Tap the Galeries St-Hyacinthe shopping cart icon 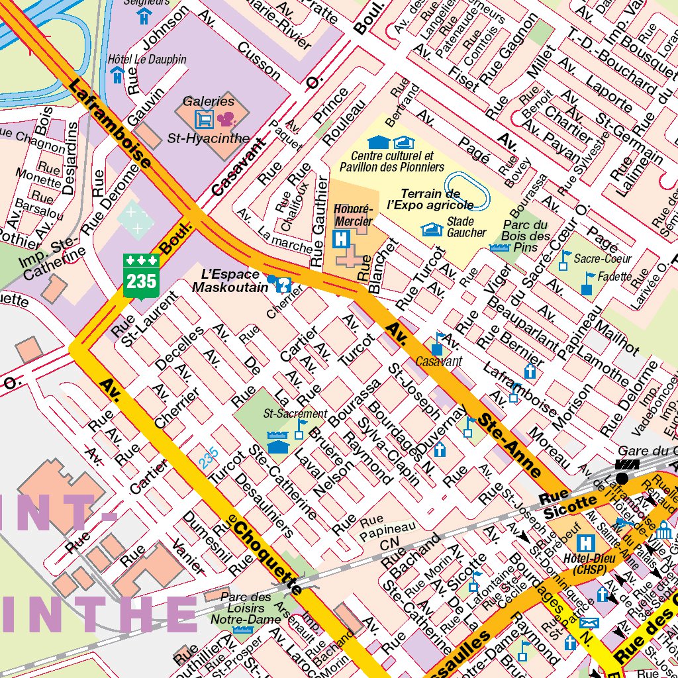204,120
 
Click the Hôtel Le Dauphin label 147,59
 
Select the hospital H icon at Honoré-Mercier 341,238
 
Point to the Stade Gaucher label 466,227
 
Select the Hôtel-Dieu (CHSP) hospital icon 586,544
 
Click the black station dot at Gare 622,478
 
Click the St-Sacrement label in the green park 286,414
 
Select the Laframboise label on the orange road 109,123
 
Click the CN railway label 389,545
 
